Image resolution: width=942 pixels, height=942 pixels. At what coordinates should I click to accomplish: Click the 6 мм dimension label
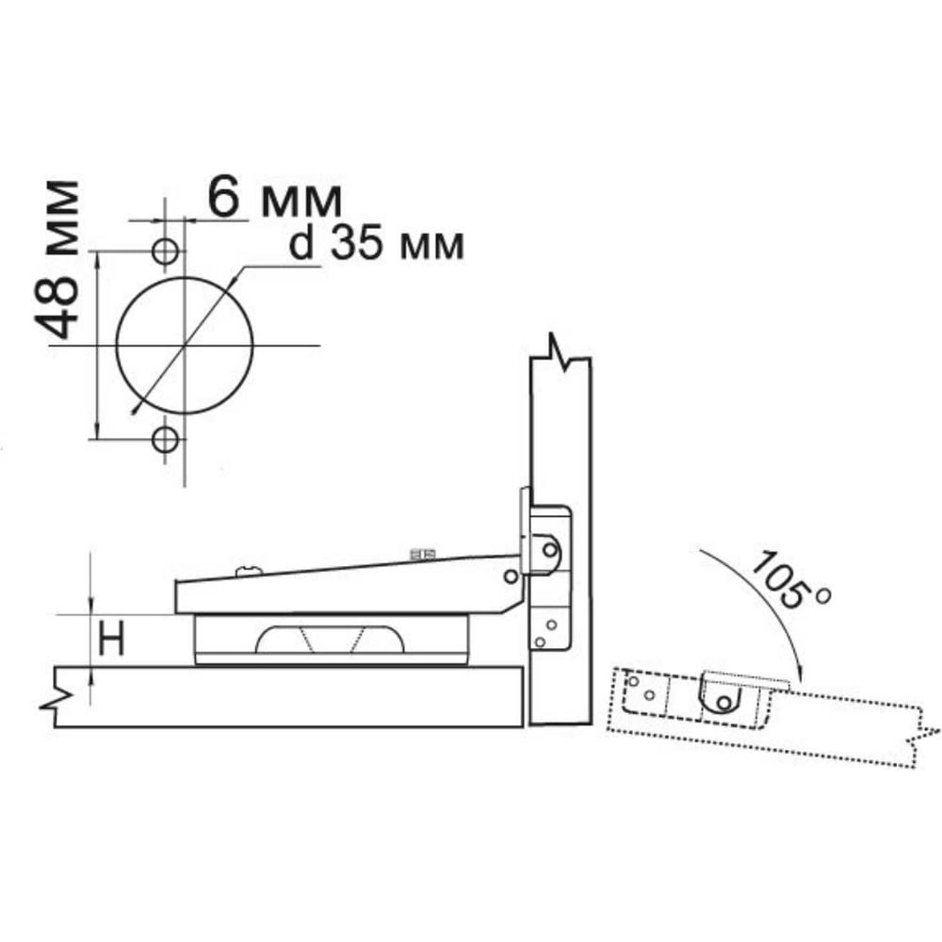click(x=274, y=198)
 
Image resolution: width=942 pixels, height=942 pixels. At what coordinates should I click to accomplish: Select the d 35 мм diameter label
click(x=377, y=245)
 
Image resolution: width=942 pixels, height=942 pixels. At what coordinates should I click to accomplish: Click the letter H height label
click(x=111, y=639)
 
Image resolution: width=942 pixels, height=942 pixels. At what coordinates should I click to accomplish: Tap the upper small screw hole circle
click(x=165, y=251)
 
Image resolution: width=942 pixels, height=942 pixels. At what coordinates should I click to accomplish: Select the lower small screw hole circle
click(x=165, y=440)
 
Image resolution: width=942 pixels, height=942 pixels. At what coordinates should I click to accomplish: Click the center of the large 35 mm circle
click(x=185, y=346)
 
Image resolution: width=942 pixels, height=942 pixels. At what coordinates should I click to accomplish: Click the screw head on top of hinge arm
click(x=250, y=570)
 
